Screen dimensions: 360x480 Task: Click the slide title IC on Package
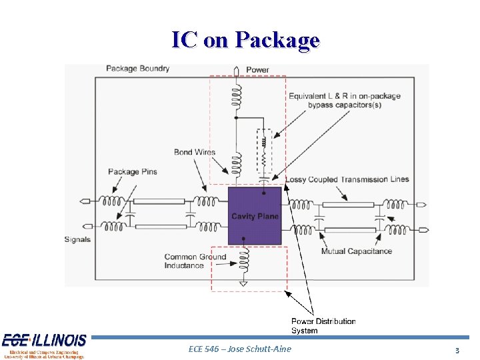[245, 40]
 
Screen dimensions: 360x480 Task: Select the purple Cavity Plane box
[255, 215]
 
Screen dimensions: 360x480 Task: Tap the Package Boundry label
[138, 69]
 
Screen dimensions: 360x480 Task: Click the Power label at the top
[257, 70]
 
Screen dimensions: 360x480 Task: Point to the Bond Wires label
[194, 152]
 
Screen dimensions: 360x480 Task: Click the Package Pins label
[133, 171]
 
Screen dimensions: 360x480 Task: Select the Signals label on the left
[78, 239]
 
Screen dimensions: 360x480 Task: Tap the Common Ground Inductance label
[195, 261]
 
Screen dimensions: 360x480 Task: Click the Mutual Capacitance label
[356, 251]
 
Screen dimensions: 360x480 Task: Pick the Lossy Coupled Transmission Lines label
[347, 179]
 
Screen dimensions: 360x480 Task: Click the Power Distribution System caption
[323, 326]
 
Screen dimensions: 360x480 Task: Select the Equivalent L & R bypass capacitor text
[344, 101]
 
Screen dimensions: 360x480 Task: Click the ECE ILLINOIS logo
[44, 345]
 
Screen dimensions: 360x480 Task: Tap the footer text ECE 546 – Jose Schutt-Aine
[240, 349]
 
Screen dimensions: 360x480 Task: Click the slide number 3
[457, 350]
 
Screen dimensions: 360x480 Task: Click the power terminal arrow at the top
[235, 69]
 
